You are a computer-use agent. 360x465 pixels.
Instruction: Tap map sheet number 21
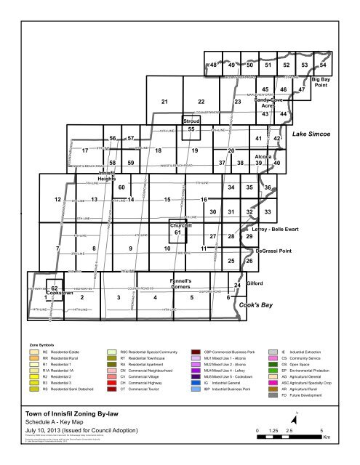pos(165,101)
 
